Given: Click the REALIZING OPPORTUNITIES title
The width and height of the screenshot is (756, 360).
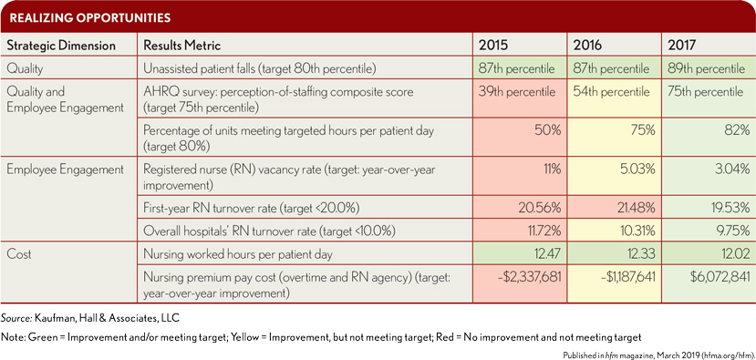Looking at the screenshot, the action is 90,18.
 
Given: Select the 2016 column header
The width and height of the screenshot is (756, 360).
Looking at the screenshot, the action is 586,46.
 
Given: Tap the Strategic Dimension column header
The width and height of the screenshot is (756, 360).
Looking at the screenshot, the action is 61,46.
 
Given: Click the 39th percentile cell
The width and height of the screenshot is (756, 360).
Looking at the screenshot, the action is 517,91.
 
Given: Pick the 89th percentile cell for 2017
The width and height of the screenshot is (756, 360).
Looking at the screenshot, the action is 707,69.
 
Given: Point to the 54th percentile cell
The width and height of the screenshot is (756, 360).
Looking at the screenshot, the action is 612,91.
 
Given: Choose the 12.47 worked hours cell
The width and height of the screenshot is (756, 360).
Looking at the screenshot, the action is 545,254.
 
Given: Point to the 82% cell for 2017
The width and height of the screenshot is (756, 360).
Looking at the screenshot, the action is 738,130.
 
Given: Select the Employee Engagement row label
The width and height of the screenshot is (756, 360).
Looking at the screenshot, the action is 65,170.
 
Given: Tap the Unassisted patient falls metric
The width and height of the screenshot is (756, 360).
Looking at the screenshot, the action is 258,69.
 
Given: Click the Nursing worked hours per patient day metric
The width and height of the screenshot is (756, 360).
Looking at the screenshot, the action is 238,254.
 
